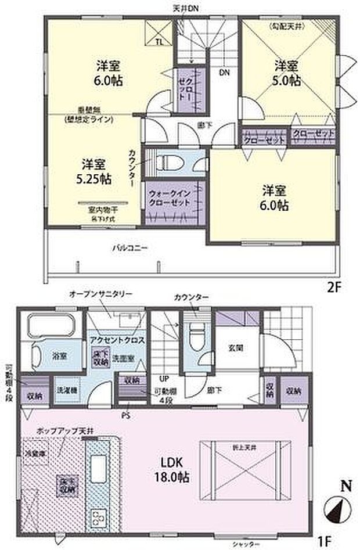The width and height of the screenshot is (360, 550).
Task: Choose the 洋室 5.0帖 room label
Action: tap(287, 73)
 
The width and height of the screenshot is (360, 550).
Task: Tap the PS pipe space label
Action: tap(125, 416)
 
